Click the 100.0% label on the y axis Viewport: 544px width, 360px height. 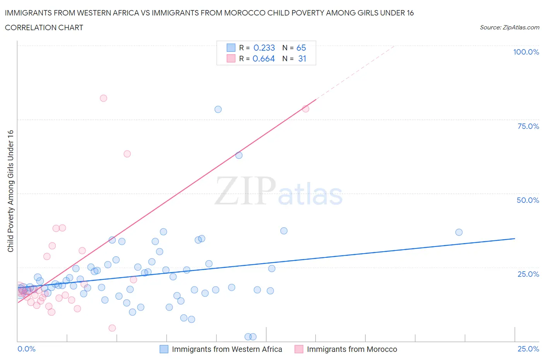[x=526, y=52]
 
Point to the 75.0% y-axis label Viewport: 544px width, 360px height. [x=528, y=126]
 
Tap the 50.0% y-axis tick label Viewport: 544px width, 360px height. [x=528, y=200]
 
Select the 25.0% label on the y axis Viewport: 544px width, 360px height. [x=528, y=274]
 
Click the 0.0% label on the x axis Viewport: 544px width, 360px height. [x=26, y=349]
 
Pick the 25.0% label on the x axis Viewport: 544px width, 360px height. [x=528, y=349]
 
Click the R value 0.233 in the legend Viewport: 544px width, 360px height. [x=264, y=48]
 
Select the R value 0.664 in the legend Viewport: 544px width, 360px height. [x=263, y=58]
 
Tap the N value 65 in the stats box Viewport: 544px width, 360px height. [x=301, y=48]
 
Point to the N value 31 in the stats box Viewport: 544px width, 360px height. [x=302, y=58]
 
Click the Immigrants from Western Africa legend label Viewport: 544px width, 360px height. [x=227, y=349]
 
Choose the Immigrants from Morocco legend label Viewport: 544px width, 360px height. [x=352, y=349]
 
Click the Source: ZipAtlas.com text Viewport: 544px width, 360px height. [x=509, y=27]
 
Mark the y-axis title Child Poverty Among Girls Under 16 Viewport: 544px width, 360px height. [x=11, y=191]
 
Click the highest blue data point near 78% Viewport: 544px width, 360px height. [x=218, y=109]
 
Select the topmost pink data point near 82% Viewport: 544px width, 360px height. [x=103, y=98]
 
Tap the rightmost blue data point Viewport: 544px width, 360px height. [x=459, y=232]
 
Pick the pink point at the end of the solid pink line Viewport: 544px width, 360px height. [x=306, y=109]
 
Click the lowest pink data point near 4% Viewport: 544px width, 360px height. [x=112, y=328]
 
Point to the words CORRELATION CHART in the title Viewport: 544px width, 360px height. [x=44, y=27]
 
